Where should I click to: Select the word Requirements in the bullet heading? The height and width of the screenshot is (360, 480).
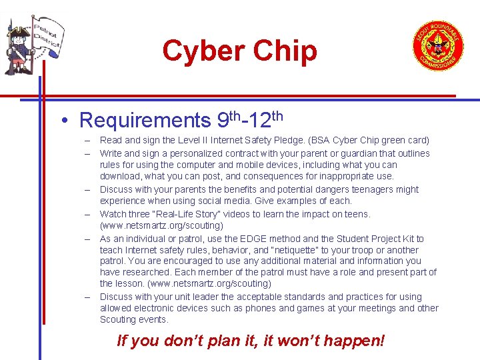(x=144, y=121)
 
